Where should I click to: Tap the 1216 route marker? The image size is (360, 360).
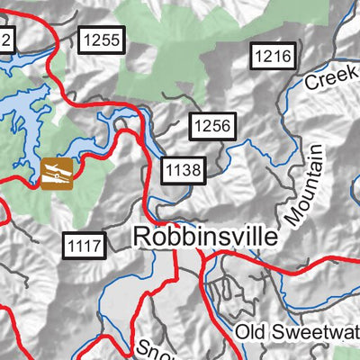273,57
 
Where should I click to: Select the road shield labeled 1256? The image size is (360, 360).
212,128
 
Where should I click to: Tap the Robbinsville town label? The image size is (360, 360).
205,237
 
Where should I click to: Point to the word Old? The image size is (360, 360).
254,333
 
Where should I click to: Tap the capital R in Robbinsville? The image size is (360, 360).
142,237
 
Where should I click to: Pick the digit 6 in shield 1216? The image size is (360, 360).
286,57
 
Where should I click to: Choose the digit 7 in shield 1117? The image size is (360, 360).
99,243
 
